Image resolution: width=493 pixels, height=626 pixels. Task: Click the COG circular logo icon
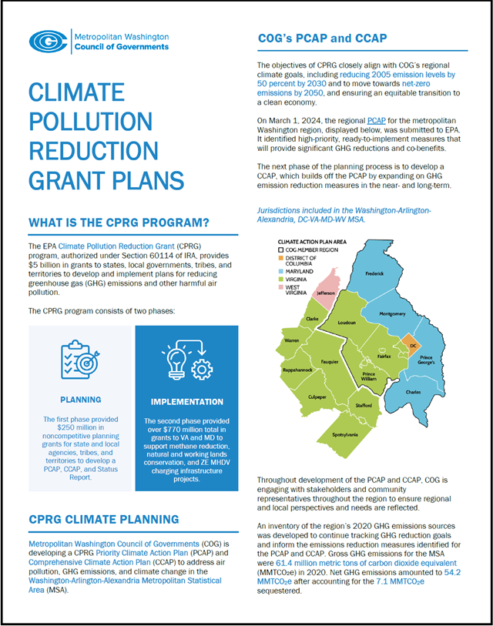point(49,41)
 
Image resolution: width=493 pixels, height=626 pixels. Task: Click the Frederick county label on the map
point(374,273)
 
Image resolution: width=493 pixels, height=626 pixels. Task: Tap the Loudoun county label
point(347,323)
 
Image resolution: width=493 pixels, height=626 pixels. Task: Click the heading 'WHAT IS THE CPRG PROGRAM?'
point(119,223)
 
